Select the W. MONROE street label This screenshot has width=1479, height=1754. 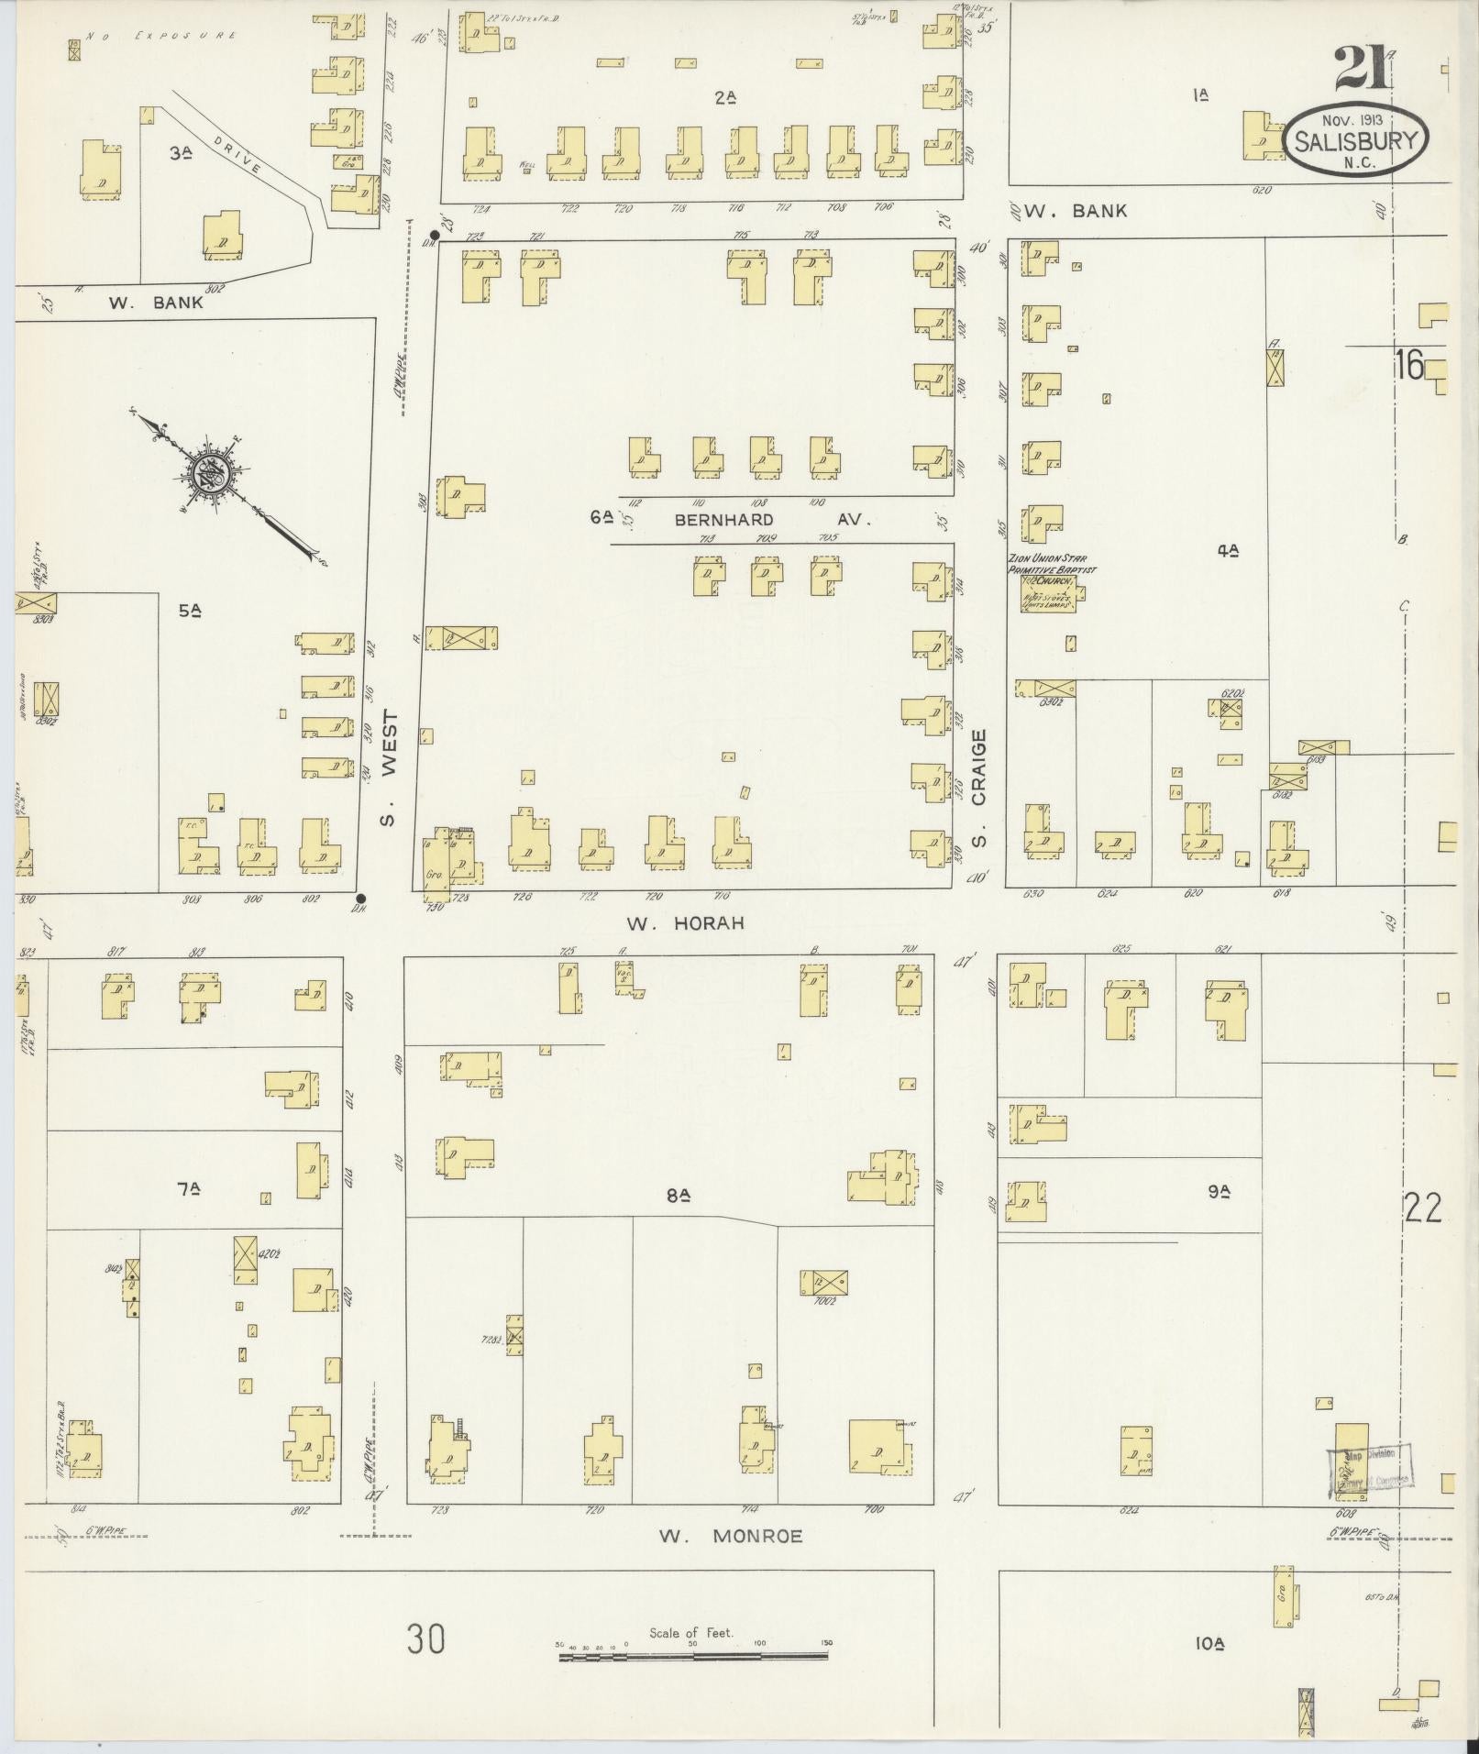(x=730, y=1536)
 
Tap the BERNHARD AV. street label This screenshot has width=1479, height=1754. (x=770, y=519)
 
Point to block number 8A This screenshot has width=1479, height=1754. (x=679, y=1195)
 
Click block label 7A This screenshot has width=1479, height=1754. (x=188, y=1189)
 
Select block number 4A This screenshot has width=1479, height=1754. (x=1229, y=550)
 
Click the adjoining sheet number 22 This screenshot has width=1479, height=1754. (x=1422, y=1208)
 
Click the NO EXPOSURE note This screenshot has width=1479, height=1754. (x=162, y=36)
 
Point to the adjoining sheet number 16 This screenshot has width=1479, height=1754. (x=1410, y=366)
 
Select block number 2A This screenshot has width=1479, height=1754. (x=726, y=96)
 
